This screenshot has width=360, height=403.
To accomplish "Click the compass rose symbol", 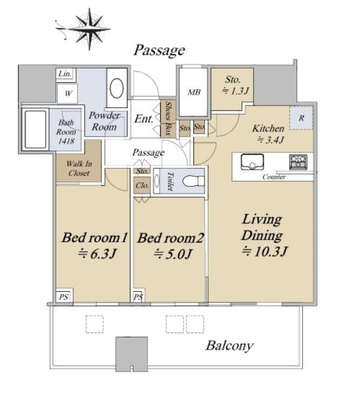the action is point(89,29).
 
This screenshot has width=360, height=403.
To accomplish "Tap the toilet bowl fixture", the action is point(193,181).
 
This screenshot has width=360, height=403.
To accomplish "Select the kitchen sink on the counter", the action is point(252,162).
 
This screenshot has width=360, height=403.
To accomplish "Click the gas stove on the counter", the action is point(298,162).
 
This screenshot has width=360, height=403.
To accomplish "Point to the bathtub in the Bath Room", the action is point(35,130).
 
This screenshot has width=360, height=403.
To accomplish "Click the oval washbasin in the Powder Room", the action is point(117,88).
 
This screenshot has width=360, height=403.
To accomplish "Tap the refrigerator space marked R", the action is point(301,118).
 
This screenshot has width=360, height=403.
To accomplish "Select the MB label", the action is point(194,92).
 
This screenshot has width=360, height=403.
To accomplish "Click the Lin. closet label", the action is point(65,74).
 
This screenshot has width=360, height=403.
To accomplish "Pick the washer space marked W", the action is point(68,94).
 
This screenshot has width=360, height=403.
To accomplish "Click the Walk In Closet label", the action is point(79,169).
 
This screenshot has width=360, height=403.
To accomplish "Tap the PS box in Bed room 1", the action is point(64,297).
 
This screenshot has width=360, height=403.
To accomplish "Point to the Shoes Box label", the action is point(168,118).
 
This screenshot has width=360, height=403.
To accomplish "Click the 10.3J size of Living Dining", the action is point(265,251).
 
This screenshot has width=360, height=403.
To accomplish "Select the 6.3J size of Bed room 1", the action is point(97,254).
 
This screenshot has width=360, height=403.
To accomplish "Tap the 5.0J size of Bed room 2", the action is point(173,254).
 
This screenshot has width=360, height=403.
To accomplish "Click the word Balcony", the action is point(229,345).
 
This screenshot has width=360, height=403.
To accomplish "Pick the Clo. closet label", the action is point(142,185).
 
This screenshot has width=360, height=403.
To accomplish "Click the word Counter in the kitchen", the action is point(274,177).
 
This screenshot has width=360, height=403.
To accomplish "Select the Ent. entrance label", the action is point(144,119).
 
